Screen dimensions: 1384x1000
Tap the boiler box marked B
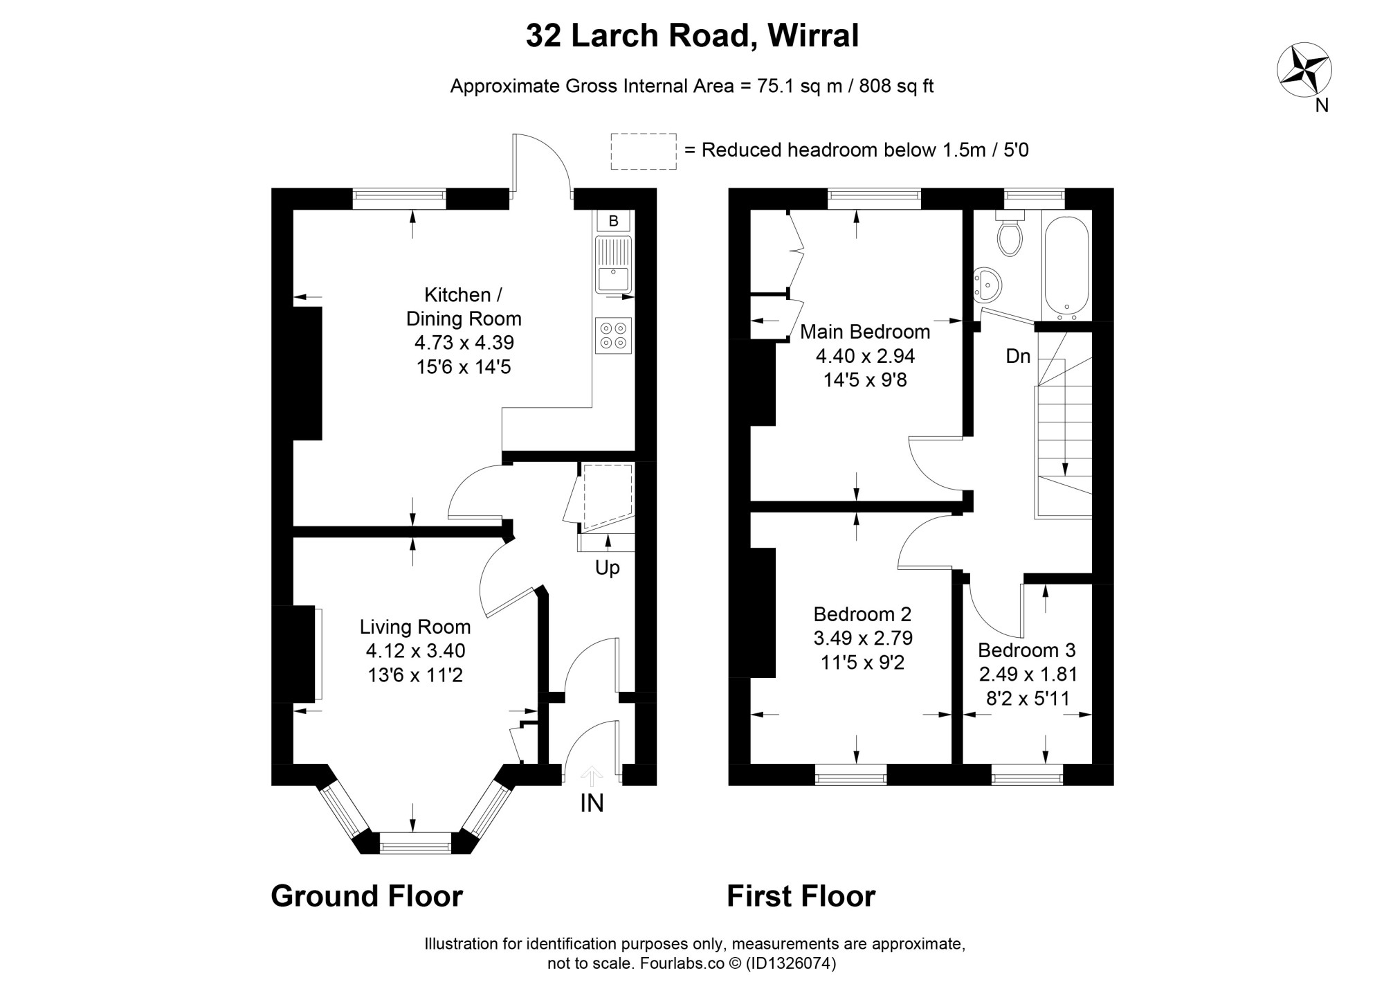[x=613, y=221]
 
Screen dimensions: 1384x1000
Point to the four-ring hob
[x=613, y=336]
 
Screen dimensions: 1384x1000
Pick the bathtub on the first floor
[x=1066, y=267]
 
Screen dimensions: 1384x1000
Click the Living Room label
[x=415, y=627]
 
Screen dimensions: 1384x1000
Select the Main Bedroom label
[x=865, y=332]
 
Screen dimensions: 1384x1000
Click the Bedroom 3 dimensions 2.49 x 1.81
[x=1028, y=674]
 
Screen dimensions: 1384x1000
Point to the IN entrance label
[x=592, y=803]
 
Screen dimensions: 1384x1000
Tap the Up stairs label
[x=607, y=568]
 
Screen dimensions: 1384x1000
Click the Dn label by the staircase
[x=1018, y=356]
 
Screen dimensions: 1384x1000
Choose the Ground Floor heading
[x=367, y=895]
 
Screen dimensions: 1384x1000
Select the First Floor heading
[x=801, y=895]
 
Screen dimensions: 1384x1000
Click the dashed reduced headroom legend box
[x=644, y=152]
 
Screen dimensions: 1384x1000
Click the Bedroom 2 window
[x=851, y=775]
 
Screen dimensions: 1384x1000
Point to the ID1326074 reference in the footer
[x=790, y=963]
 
